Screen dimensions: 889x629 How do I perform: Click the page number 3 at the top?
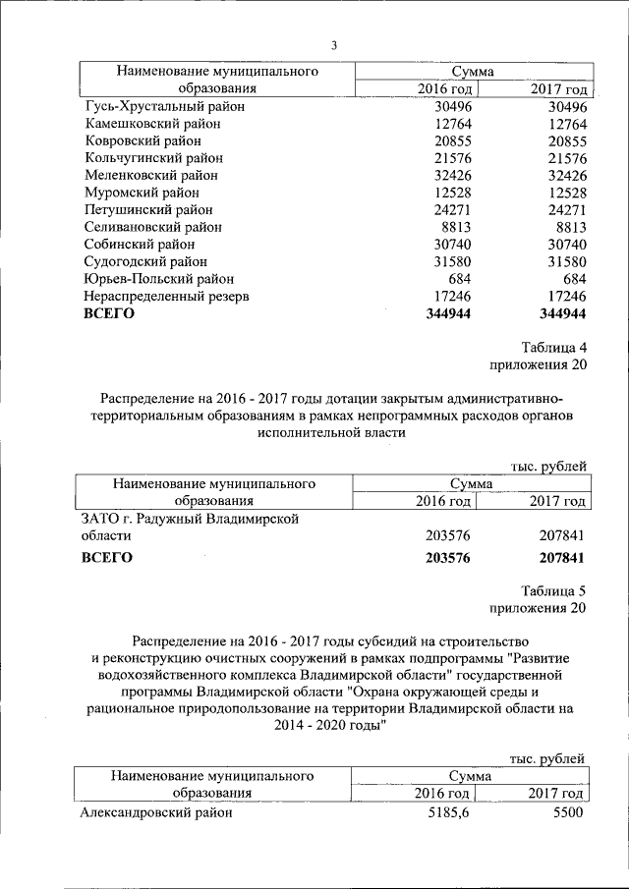pyautogui.click(x=333, y=45)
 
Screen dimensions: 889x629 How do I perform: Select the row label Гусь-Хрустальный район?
pyautogui.click(x=164, y=106)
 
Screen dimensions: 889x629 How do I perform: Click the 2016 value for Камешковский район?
pyautogui.click(x=451, y=124)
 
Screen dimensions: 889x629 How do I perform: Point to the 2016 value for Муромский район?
pyautogui.click(x=451, y=193)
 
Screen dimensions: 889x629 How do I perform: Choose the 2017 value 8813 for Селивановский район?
pyautogui.click(x=570, y=227)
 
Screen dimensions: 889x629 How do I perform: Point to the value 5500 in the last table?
pyautogui.click(x=569, y=812)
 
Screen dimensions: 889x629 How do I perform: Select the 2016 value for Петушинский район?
pyautogui.click(x=451, y=209)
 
